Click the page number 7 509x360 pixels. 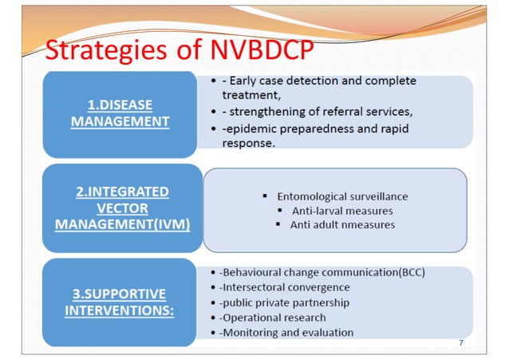[461, 342]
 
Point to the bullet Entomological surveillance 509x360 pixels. [334, 196]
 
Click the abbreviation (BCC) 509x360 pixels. [408, 272]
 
